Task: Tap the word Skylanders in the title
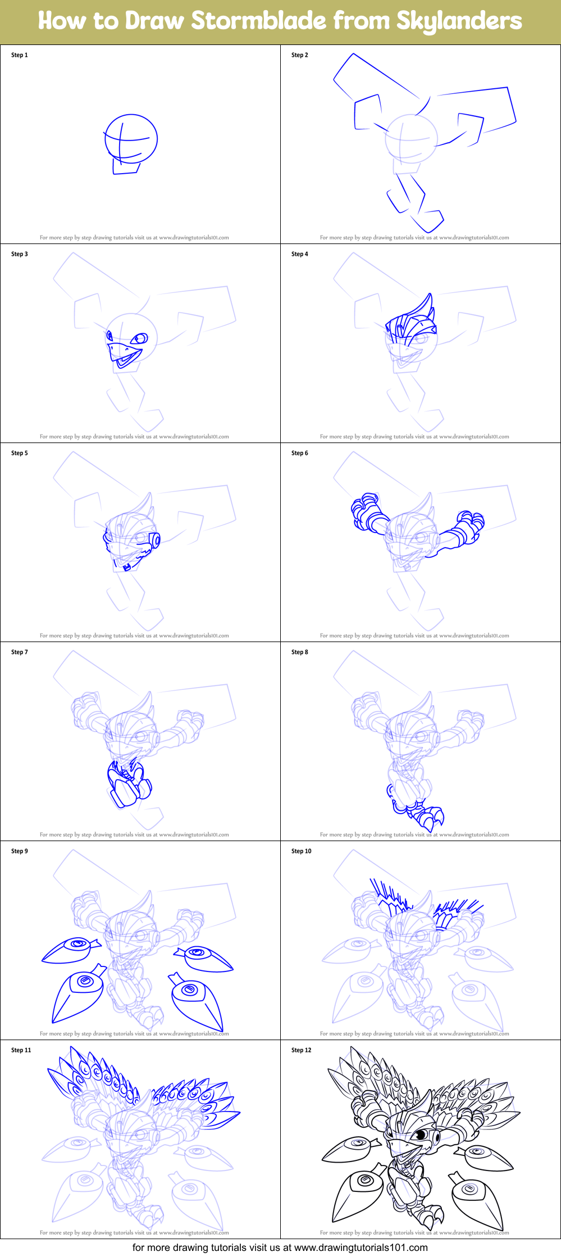pyautogui.click(x=459, y=21)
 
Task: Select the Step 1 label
pyautogui.click(x=19, y=55)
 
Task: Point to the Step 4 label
pyautogui.click(x=299, y=254)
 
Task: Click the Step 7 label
pyautogui.click(x=19, y=652)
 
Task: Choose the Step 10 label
pyautogui.click(x=301, y=851)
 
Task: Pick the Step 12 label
pyautogui.click(x=301, y=1050)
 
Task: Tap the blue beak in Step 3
pyautogui.click(x=120, y=354)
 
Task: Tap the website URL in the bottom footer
pyautogui.click(x=361, y=1248)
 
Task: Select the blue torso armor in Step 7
pyautogui.click(x=129, y=784)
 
